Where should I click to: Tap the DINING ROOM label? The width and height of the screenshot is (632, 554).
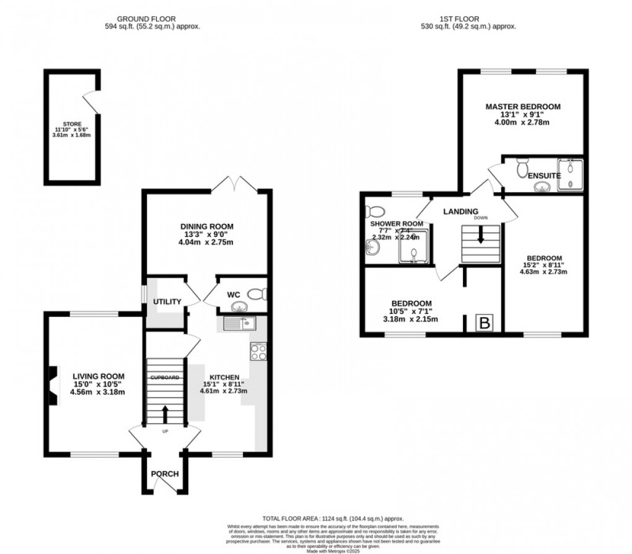click(x=207, y=226)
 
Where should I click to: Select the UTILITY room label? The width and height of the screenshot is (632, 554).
click(x=167, y=302)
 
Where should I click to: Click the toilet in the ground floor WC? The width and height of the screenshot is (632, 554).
click(x=255, y=294)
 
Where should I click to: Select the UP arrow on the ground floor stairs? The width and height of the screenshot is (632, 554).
click(x=165, y=412)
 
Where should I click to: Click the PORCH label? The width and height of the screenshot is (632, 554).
click(x=165, y=474)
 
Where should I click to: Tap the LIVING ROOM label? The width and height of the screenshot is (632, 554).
click(x=99, y=376)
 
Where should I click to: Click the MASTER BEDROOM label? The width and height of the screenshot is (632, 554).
click(x=522, y=107)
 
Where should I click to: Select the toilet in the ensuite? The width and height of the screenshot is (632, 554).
click(x=522, y=166)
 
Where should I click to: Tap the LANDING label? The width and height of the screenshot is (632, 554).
click(x=460, y=212)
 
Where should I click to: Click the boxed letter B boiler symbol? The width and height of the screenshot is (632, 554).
click(x=484, y=323)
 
